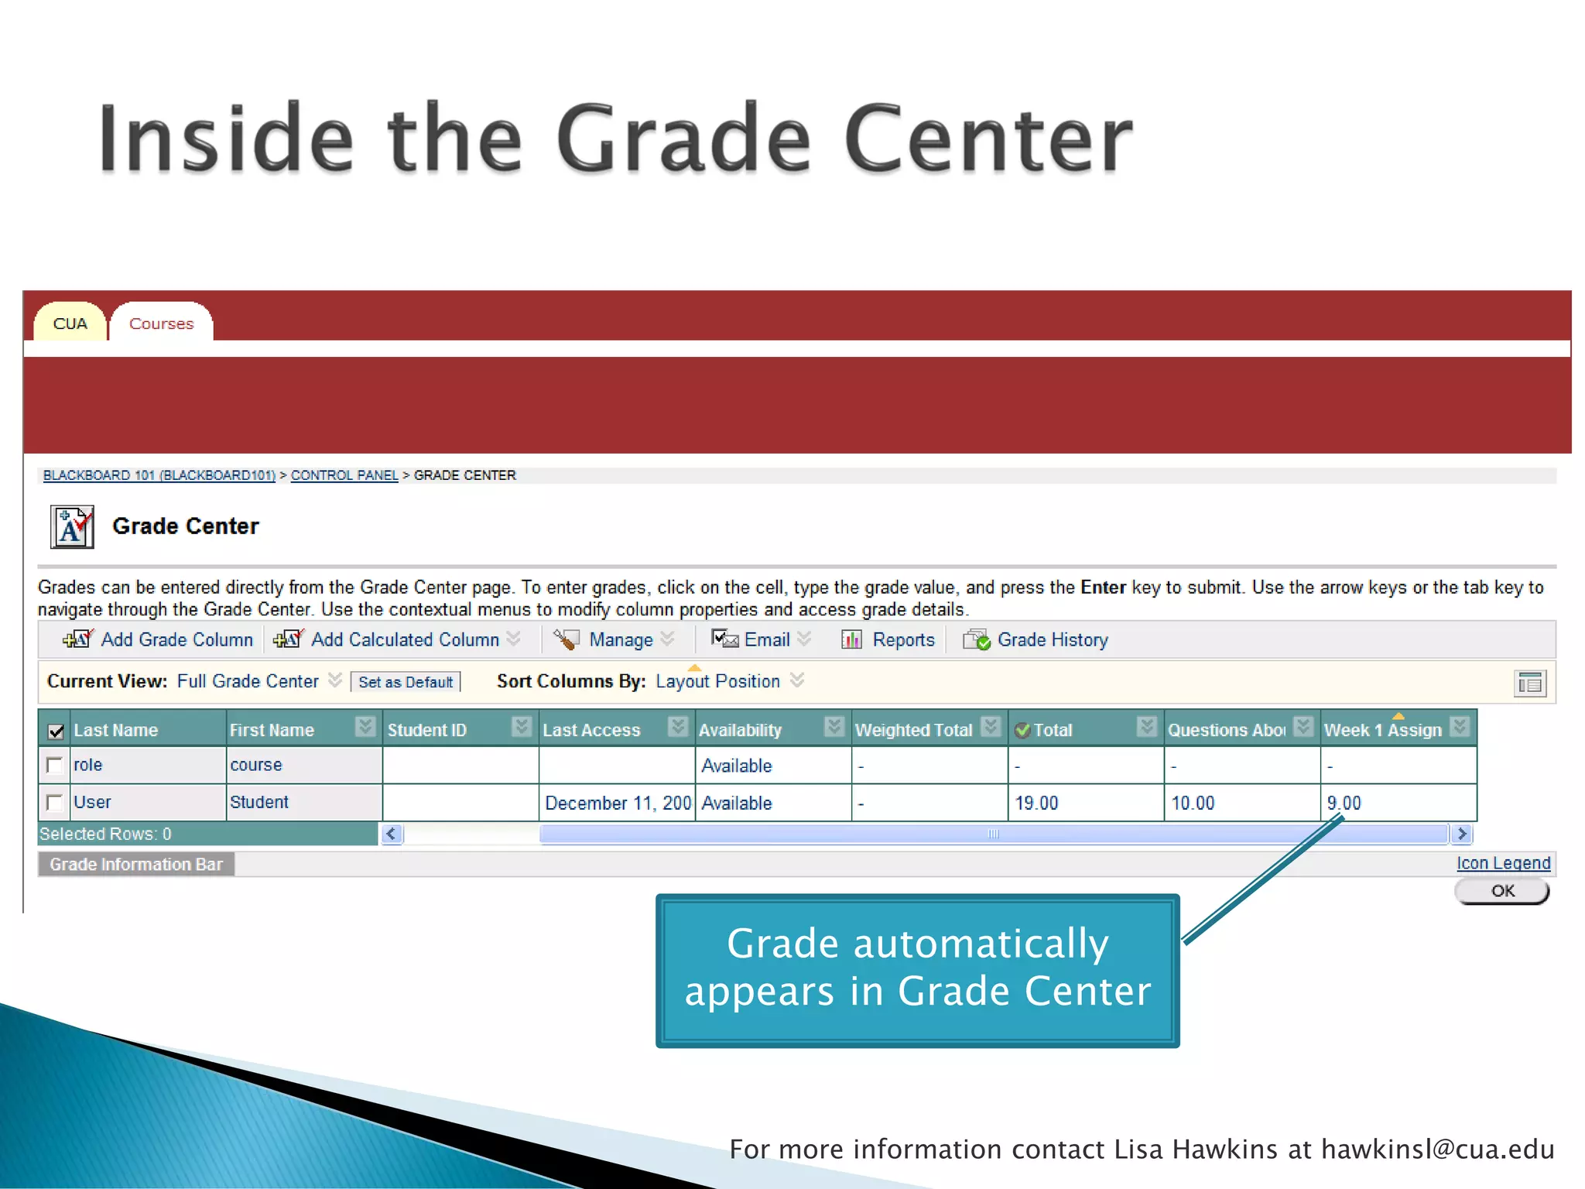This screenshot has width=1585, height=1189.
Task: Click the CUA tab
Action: click(x=70, y=324)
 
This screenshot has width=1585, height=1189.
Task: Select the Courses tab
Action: click(x=161, y=324)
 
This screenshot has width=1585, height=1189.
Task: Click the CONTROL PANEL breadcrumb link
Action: click(x=344, y=475)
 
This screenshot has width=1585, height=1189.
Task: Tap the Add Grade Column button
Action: click(x=176, y=639)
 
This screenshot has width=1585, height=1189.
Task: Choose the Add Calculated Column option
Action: click(x=404, y=639)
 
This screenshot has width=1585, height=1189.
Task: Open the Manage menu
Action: click(x=621, y=639)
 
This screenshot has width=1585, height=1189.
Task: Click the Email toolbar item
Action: click(x=766, y=639)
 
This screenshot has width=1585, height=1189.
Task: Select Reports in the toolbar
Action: click(x=902, y=639)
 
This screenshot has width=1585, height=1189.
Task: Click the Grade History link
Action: click(x=1052, y=639)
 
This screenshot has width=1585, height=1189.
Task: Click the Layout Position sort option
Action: click(x=717, y=681)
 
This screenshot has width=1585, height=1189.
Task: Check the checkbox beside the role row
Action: click(x=54, y=766)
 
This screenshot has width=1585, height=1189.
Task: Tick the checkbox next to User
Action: click(x=54, y=803)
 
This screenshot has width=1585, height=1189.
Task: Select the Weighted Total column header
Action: click(x=913, y=730)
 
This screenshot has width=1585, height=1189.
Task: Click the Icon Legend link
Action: click(x=1503, y=863)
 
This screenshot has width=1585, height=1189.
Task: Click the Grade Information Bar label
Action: click(x=136, y=865)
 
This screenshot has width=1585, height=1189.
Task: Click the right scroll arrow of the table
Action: click(x=1461, y=834)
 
